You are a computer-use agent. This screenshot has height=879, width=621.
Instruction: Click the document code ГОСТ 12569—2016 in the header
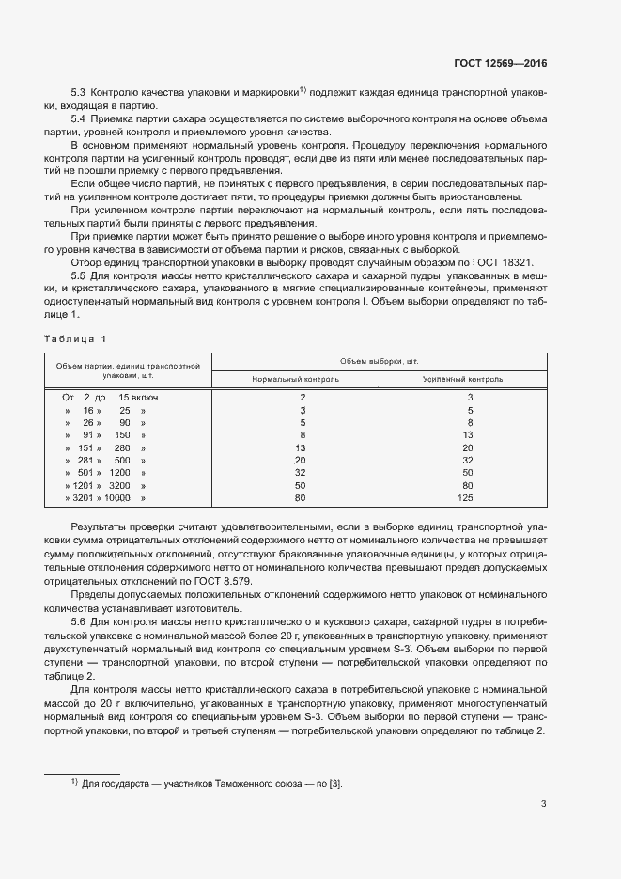(x=501, y=63)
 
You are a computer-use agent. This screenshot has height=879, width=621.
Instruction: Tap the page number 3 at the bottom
(x=544, y=803)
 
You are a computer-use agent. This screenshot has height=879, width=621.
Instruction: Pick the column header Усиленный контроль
(x=469, y=379)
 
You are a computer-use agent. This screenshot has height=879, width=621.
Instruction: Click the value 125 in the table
(x=469, y=496)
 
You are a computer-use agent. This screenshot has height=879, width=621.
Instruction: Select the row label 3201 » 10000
(x=104, y=496)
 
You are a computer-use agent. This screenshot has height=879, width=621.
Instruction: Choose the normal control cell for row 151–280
(x=301, y=447)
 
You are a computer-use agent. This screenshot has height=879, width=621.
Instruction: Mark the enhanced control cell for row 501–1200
(x=469, y=472)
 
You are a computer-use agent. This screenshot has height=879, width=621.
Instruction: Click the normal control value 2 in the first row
(x=302, y=398)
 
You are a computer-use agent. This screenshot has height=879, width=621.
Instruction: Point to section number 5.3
(x=79, y=91)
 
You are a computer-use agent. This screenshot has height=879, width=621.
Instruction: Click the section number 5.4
(x=79, y=119)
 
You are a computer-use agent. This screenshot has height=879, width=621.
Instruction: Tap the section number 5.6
(x=79, y=623)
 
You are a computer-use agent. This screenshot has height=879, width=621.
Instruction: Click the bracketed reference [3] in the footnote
(x=334, y=782)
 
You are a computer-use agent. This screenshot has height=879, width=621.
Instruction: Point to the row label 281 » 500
(x=104, y=460)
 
